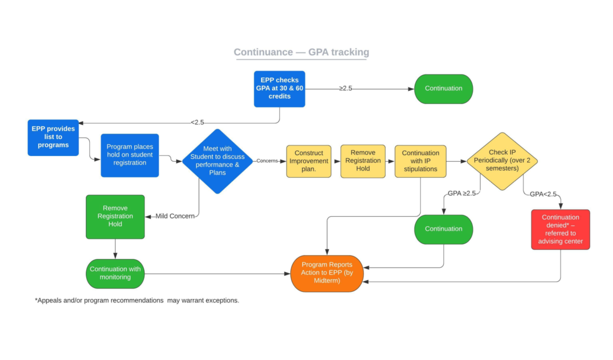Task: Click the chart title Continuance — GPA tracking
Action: [301, 52]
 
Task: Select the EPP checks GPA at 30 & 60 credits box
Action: [279, 89]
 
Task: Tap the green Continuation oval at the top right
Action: [443, 89]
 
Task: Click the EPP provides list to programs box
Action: [53, 137]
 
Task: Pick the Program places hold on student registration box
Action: [130, 155]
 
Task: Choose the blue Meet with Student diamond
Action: [217, 161]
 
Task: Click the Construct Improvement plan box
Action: [308, 161]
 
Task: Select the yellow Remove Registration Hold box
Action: [363, 161]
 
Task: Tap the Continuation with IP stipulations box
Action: [420, 161]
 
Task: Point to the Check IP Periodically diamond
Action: [502, 161]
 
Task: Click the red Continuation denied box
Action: [560, 229]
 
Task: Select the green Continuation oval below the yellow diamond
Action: [443, 229]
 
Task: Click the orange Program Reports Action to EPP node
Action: [327, 273]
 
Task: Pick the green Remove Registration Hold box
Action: [115, 217]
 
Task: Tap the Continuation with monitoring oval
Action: [115, 273]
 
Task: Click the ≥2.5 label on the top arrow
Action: [345, 89]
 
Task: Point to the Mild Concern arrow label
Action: [175, 217]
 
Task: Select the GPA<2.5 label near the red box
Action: [543, 194]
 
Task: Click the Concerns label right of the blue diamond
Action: [267, 161]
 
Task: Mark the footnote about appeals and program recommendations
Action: [137, 301]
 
